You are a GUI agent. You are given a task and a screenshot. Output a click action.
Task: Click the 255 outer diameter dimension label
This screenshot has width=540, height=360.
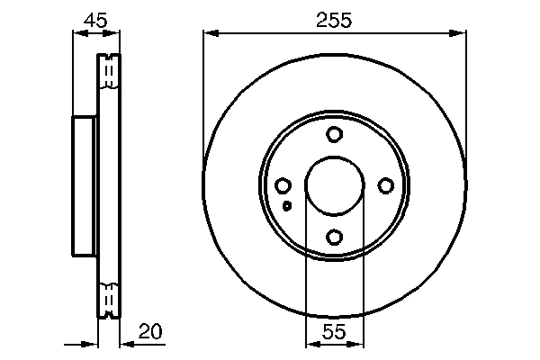(x=334, y=18)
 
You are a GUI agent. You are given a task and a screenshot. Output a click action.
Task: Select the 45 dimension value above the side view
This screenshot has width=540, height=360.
(x=94, y=18)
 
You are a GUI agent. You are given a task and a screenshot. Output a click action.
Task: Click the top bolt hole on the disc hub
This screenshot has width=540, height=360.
(x=334, y=135)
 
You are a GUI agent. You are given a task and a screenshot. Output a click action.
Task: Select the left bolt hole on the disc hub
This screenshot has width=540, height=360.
(x=283, y=186)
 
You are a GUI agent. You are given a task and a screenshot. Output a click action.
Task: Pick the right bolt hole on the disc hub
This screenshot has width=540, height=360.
(x=386, y=185)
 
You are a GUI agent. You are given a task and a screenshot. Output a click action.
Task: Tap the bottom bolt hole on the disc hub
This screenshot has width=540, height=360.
(x=334, y=238)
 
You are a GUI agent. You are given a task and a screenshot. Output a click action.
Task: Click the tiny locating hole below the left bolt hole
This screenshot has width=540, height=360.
(x=287, y=206)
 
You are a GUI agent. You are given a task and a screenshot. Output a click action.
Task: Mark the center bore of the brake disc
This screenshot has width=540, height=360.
(x=334, y=186)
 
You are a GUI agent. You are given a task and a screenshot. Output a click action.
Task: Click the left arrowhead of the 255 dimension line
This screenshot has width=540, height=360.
(x=210, y=34)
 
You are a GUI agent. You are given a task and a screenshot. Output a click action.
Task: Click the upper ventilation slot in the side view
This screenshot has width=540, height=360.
(x=108, y=72)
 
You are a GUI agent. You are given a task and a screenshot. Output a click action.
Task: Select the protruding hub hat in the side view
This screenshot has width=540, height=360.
(x=83, y=186)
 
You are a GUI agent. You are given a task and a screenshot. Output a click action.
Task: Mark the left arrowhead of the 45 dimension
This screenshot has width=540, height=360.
(x=76, y=34)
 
